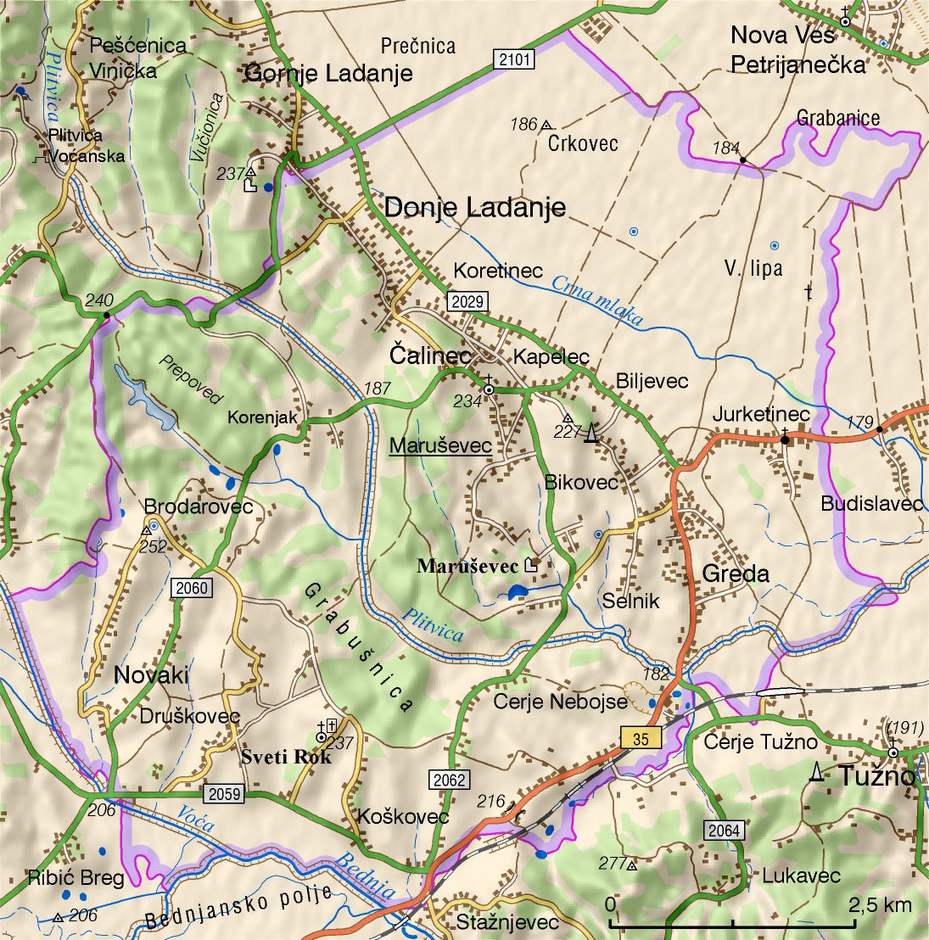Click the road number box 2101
[514, 59]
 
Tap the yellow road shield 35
[641, 738]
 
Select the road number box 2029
[467, 301]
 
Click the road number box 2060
[192, 588]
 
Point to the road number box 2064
[723, 830]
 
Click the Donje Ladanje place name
[475, 207]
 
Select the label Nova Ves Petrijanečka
[798, 49]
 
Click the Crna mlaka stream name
[597, 301]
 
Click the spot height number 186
[523, 125]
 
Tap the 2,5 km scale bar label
[880, 904]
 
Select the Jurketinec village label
[760, 414]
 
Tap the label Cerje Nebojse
[561, 702]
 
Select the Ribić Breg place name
[76, 877]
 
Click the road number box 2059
[223, 794]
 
